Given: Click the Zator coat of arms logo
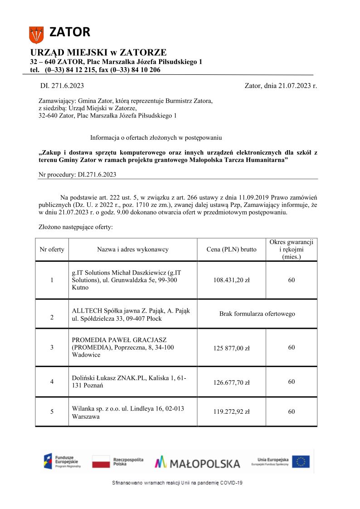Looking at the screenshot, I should [x=36, y=34].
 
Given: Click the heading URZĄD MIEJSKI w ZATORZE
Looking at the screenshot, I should [x=98, y=53].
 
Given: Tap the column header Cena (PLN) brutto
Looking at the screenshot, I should [x=231, y=250].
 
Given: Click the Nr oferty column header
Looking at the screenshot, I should [x=52, y=250].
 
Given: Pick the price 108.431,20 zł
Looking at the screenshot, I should [x=231, y=280].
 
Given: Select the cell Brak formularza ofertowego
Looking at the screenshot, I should [x=257, y=314].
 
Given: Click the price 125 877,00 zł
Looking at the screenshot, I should [x=231, y=348].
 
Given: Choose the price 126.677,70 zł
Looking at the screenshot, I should [x=231, y=382].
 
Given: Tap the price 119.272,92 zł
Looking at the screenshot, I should [x=231, y=412].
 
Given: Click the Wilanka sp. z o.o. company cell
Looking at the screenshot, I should [x=132, y=412].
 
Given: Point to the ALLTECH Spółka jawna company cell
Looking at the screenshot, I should [x=132, y=314].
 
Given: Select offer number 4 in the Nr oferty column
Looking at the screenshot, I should [x=52, y=382].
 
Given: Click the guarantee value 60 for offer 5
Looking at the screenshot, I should [x=291, y=411].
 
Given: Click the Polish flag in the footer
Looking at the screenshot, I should [x=101, y=462].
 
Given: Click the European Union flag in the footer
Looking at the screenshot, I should [x=301, y=462].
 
